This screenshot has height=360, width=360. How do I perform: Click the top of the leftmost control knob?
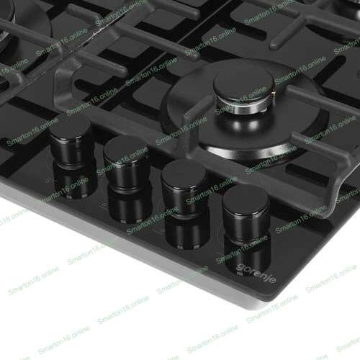70,127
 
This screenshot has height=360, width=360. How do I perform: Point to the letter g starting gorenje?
240,268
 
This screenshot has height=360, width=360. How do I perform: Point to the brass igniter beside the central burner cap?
273,94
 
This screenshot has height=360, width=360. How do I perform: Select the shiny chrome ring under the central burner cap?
243,106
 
